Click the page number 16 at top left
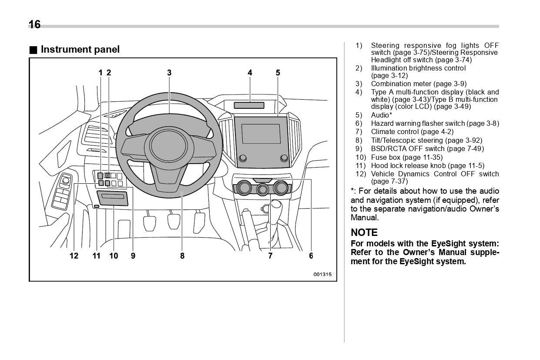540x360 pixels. tap(34, 24)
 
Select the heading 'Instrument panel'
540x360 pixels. tap(80, 50)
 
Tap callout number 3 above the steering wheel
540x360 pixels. tap(169, 73)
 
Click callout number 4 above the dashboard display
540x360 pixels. tap(250, 73)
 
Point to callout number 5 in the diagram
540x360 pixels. tap(278, 73)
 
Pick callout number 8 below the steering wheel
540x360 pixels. tap(182, 256)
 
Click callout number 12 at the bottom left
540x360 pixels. tap(74, 256)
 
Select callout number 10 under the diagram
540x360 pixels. tap(114, 256)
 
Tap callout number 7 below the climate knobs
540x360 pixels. tap(270, 256)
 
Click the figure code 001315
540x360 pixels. tap(322, 274)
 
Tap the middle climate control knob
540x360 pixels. tap(262, 189)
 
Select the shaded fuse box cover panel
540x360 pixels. tap(113, 198)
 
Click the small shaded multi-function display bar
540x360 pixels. tap(249, 105)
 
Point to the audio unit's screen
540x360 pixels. tap(261, 134)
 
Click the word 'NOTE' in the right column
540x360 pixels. tap(364, 232)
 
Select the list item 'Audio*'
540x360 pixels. tap(381, 115)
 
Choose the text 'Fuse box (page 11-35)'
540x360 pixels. tap(406, 157)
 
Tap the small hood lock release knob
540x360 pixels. tap(97, 206)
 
